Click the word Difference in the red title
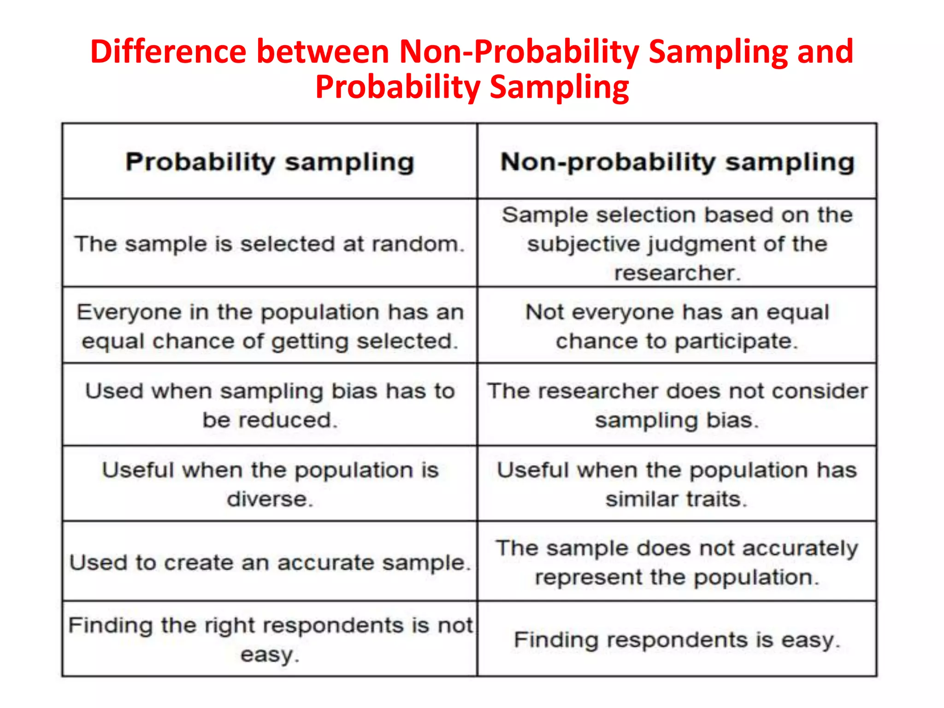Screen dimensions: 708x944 point(168,52)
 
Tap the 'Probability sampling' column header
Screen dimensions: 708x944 point(270,162)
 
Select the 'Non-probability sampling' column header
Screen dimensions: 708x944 point(677,162)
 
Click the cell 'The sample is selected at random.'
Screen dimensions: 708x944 point(270,244)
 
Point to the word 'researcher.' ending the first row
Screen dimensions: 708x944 point(677,273)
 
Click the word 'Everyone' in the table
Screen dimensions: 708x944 point(129,312)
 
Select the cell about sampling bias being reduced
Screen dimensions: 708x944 point(270,405)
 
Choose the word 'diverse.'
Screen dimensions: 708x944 point(270,499)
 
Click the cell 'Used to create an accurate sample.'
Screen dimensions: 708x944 point(270,562)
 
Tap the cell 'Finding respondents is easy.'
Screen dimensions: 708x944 point(677,640)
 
